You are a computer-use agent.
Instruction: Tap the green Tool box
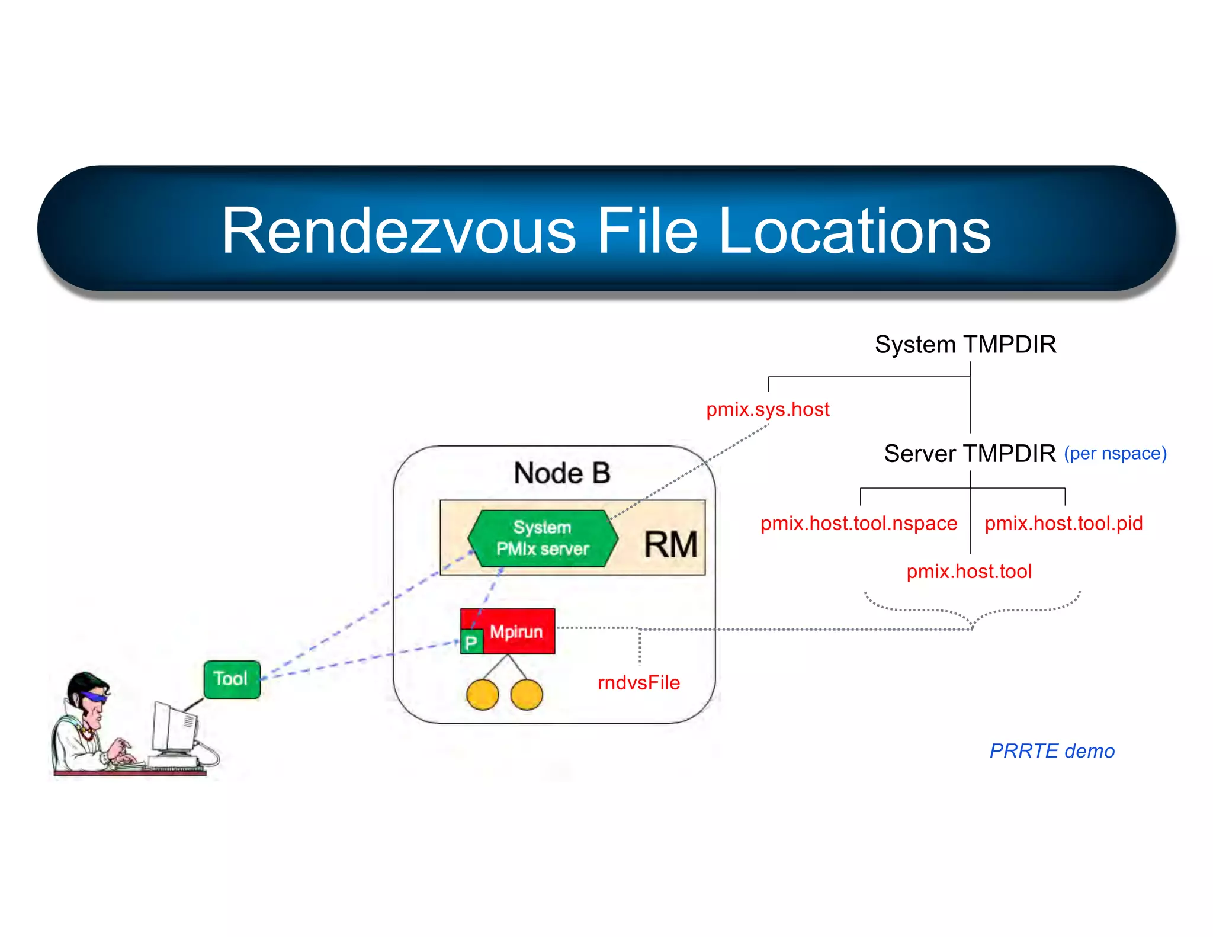pos(232,679)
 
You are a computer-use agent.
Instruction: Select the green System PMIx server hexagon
pos(542,538)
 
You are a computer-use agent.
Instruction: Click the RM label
pos(670,544)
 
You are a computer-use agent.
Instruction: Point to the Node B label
pos(561,473)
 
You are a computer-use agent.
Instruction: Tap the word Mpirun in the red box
pos(516,631)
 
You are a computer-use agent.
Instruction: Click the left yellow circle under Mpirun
pos(482,695)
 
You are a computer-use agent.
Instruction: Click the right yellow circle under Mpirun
pos(526,695)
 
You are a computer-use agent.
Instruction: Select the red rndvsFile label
pos(638,682)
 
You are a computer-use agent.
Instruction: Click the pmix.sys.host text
pos(768,409)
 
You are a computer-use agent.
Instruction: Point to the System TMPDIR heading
pos(965,344)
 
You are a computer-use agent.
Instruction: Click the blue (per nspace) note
pos(1115,453)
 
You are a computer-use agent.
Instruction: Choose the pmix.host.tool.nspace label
pos(859,523)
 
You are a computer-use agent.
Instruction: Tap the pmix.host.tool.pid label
pos(1064,523)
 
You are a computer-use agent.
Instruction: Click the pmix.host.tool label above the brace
pos(969,571)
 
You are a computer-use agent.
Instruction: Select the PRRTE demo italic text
pos(1052,750)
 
